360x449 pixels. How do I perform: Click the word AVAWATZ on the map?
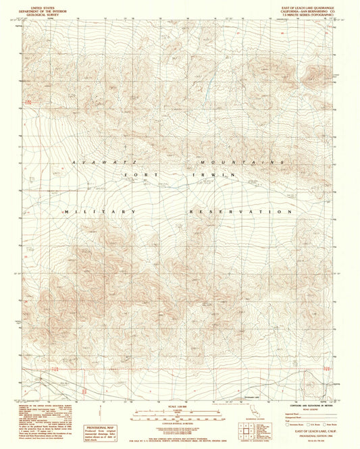point(97,163)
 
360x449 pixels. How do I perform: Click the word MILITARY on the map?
point(100,211)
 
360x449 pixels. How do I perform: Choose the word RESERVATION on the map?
point(241,211)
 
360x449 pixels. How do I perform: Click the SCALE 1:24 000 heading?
point(179,404)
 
